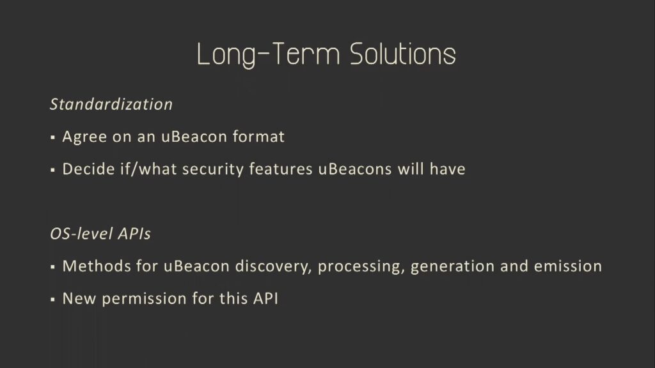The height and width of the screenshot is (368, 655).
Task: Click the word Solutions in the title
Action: click(x=403, y=54)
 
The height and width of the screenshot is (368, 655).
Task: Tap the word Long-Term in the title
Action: click(x=268, y=54)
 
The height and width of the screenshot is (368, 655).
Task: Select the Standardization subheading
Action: click(x=111, y=104)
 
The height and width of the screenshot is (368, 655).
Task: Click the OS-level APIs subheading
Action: click(x=100, y=234)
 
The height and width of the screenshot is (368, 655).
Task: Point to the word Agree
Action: click(x=85, y=137)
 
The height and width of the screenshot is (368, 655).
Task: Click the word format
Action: click(x=258, y=137)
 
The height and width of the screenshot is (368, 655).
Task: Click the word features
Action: click(x=281, y=169)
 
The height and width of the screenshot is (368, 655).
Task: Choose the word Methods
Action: click(x=97, y=266)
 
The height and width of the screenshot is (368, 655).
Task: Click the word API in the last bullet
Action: click(x=265, y=298)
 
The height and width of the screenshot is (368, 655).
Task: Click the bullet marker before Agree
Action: click(x=52, y=137)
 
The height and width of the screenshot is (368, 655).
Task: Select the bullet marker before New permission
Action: click(x=52, y=299)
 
